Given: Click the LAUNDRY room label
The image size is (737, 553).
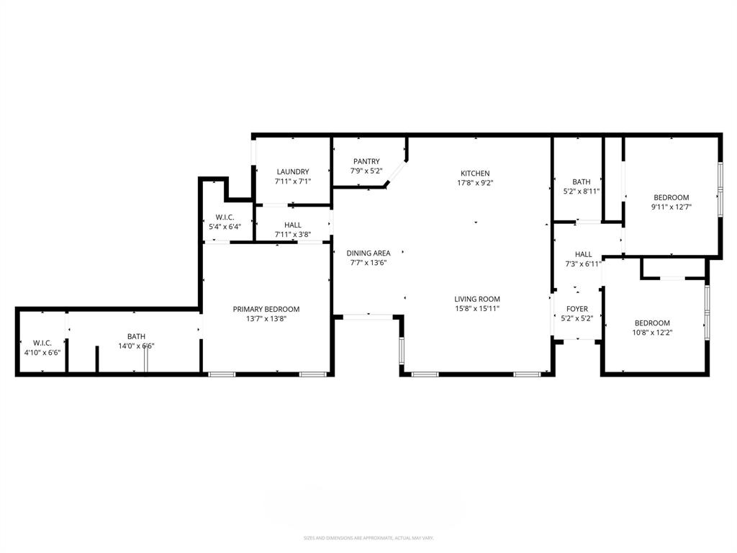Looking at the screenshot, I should coord(293,171).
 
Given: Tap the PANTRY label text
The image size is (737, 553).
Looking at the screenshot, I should coord(366,161).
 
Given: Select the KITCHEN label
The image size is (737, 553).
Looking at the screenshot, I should coord(475,174).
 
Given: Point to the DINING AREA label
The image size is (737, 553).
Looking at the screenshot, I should coord(368,253).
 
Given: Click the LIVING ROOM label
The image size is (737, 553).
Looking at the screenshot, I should coord(476,299).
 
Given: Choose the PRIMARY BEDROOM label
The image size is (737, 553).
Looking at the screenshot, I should coord(266,309).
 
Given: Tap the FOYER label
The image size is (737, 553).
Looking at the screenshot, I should coord(577,309).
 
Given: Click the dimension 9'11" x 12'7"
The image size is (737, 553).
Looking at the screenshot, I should coord(671,207).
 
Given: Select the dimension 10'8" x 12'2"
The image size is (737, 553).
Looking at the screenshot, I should coord(652,333).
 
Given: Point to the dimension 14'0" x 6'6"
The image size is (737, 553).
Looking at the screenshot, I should coord(136,346).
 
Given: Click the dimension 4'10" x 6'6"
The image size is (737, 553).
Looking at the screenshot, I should coord(42,353).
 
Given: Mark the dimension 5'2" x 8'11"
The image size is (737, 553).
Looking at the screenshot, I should coord(581,192).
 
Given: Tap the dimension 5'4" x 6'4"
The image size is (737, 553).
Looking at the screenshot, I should coord(224,227).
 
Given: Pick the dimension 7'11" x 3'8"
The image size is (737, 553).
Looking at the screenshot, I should coord(293,235).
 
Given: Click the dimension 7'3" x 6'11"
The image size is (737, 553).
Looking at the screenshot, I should coord(583,264).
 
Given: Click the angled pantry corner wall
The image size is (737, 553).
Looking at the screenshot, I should coord(397,174).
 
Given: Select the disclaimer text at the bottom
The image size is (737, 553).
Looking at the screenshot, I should coord(368,538).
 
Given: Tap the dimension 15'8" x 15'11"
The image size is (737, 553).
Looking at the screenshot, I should coord(476,308).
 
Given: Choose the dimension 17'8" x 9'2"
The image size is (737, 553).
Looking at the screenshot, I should coord(475,183).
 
